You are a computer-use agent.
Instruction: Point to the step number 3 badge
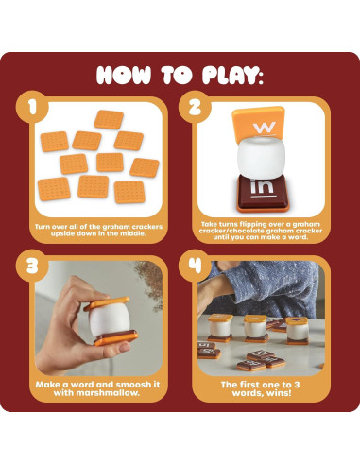pyautogui.click(x=36, y=267)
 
